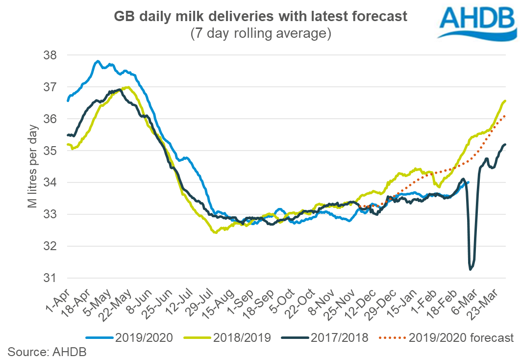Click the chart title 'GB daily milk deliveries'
[261, 16]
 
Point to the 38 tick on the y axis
[51, 55]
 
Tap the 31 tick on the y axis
[51, 278]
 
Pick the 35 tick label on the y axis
[51, 151]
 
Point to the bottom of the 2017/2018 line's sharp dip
[471, 269]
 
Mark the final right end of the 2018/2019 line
[505, 101]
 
